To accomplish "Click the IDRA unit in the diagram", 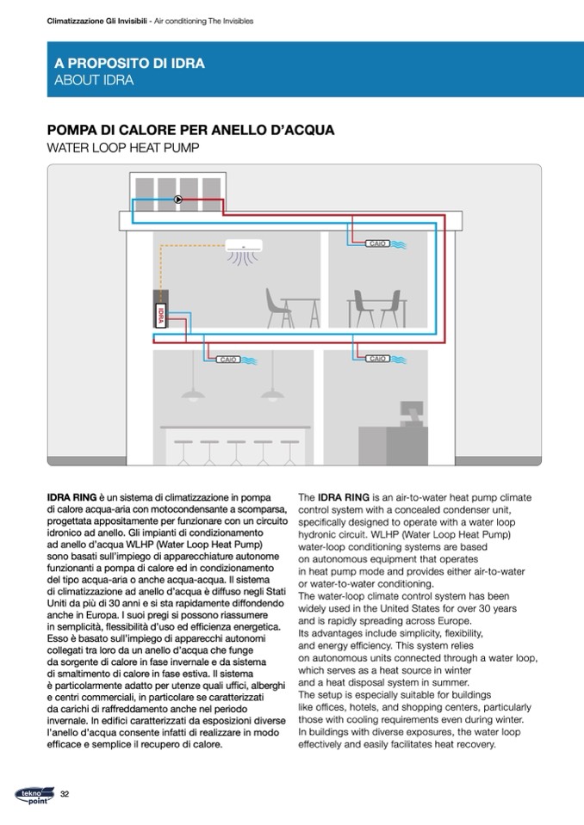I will (x=160, y=313).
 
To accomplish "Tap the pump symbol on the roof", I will (x=177, y=200).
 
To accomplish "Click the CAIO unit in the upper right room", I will (x=376, y=244).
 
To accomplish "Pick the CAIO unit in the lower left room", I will (x=228, y=359).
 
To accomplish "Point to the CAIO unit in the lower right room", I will (x=376, y=359).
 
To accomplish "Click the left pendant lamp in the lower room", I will (x=192, y=394).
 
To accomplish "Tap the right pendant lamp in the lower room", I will (x=272, y=394).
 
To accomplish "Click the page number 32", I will (x=64, y=792).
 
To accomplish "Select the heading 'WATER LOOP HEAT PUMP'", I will (x=123, y=148).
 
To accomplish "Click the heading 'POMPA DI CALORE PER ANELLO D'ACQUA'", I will (x=190, y=131).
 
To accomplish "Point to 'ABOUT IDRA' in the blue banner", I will (x=94, y=81).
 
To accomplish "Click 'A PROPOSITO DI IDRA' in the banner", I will (x=129, y=64).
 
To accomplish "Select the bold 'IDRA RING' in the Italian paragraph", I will (x=71, y=497).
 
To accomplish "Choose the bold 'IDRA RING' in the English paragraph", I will (x=343, y=497).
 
